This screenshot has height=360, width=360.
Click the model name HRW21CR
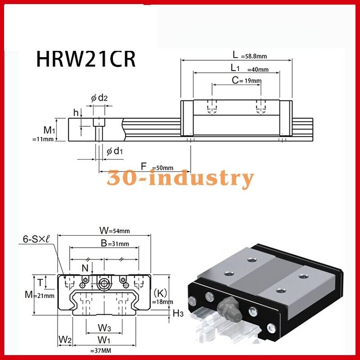(x=85, y=59)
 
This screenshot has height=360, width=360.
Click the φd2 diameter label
(x=99, y=98)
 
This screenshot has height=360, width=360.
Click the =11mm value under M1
(x=43, y=139)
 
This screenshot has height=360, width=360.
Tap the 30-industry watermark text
(x=180, y=178)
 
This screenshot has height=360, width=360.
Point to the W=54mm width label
(x=114, y=230)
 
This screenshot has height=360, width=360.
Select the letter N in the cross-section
(x=85, y=268)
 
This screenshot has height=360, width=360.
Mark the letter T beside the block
(x=40, y=283)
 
